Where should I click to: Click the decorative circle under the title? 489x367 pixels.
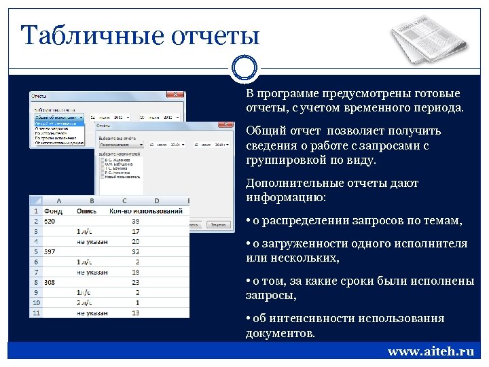pyautogui.click(x=244, y=67)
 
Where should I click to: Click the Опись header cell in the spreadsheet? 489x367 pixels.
pyautogui.click(x=86, y=211)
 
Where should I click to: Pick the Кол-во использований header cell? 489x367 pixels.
pyautogui.click(x=145, y=211)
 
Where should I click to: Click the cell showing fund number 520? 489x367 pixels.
pyautogui.click(x=50, y=221)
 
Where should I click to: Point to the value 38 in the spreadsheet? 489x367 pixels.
pyautogui.click(x=135, y=221)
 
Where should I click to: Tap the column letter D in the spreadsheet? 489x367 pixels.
pyautogui.click(x=157, y=201)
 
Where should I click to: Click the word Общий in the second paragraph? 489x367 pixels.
pyautogui.click(x=262, y=130)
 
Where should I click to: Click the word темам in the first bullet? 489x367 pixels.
pyautogui.click(x=444, y=220)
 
